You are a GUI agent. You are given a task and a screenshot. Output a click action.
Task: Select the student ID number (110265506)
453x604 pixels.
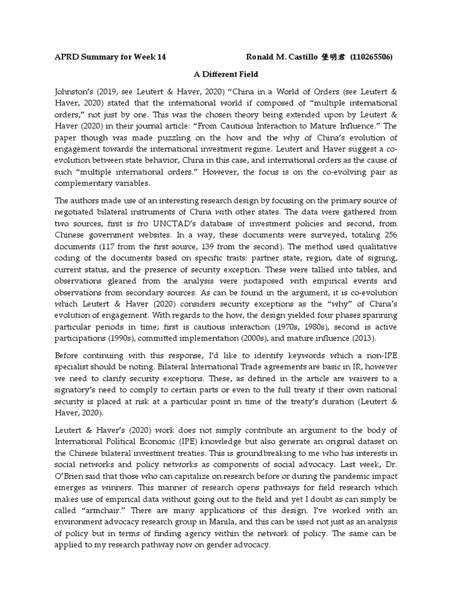[x=372, y=57]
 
